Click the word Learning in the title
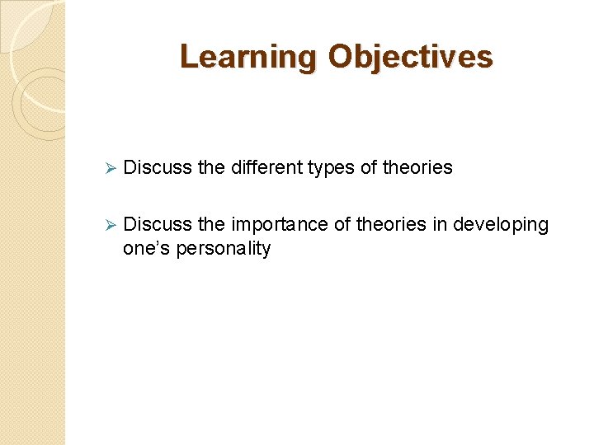pos(248,57)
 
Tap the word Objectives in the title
pos(410,57)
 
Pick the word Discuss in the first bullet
pos(158,168)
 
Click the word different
pos(266,168)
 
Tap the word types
pos(332,168)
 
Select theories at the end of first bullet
pos(418,168)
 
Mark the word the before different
pos(212,168)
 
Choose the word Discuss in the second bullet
pos(158,225)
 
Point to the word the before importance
pos(212,225)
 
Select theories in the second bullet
pos(391,225)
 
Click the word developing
pos(501,226)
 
